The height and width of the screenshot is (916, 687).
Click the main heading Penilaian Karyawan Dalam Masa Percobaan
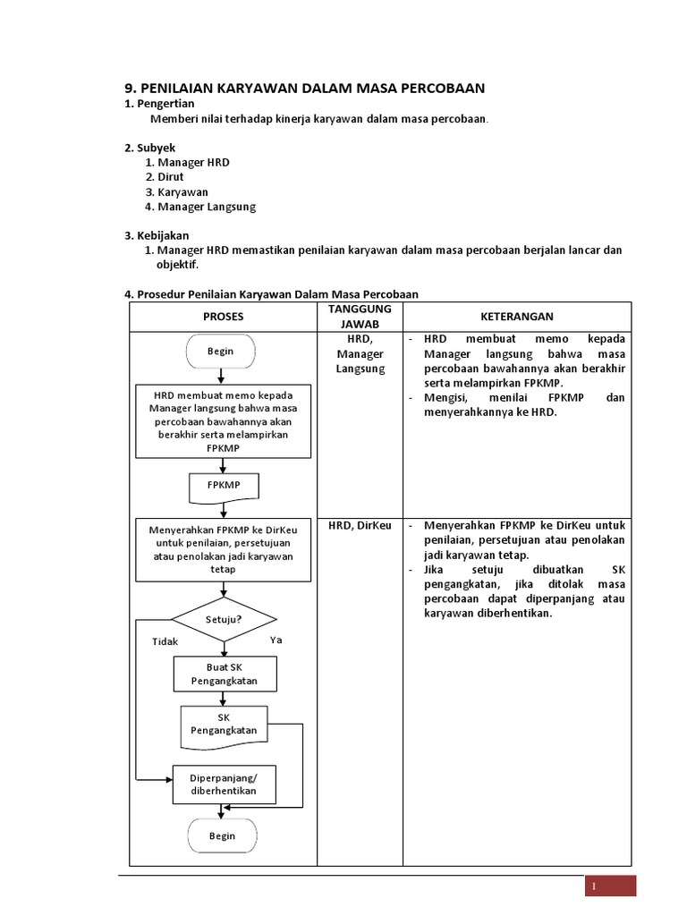(x=304, y=88)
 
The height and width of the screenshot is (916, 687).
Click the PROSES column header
(x=223, y=317)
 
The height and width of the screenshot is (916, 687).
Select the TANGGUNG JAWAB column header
(x=360, y=316)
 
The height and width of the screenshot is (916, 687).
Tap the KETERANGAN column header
(x=517, y=317)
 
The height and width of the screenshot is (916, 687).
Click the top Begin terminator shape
(x=221, y=352)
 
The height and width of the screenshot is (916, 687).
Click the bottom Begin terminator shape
(x=222, y=836)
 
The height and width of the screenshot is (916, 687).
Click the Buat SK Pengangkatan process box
(x=224, y=674)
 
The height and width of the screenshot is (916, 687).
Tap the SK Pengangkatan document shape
(x=224, y=725)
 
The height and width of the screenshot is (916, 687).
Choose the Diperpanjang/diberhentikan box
(x=223, y=784)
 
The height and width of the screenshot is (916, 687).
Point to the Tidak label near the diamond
(x=165, y=641)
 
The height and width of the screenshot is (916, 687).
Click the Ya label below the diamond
(x=276, y=640)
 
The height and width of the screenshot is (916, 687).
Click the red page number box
(x=611, y=886)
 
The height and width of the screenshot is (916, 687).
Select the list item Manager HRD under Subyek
(x=193, y=162)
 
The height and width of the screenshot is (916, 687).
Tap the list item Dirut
(x=170, y=177)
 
